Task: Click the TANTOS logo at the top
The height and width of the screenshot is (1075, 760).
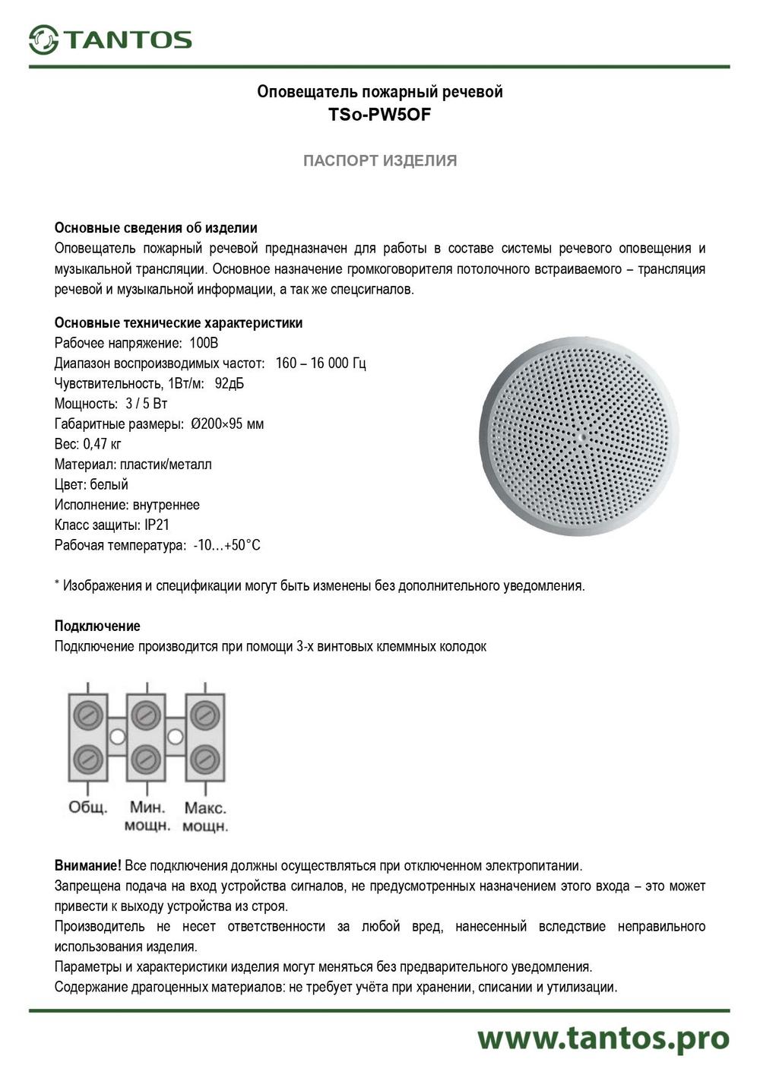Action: point(110,40)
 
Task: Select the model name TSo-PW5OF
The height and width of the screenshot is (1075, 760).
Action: point(379,116)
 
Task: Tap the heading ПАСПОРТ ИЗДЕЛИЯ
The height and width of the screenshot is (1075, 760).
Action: point(379,160)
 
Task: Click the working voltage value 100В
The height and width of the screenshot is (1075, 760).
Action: point(204,343)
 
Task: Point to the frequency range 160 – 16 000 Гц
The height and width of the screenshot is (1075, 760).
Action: point(320,363)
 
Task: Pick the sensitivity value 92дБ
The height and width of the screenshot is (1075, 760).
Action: point(230,383)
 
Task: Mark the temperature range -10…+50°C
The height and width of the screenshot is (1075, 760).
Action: point(226,545)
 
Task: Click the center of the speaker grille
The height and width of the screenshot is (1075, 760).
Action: point(579,436)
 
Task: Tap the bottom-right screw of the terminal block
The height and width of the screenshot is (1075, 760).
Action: point(204,759)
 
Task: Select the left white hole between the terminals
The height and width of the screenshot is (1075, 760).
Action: point(117,737)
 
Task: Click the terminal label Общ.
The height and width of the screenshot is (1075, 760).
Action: point(87,807)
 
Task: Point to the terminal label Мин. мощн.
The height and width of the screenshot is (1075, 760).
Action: point(147,817)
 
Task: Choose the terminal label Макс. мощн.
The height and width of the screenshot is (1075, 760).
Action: point(204,817)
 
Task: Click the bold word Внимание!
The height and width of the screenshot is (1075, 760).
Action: point(87,865)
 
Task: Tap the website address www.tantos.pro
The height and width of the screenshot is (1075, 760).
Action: point(603,1039)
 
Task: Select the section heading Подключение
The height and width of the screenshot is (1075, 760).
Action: point(97,626)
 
